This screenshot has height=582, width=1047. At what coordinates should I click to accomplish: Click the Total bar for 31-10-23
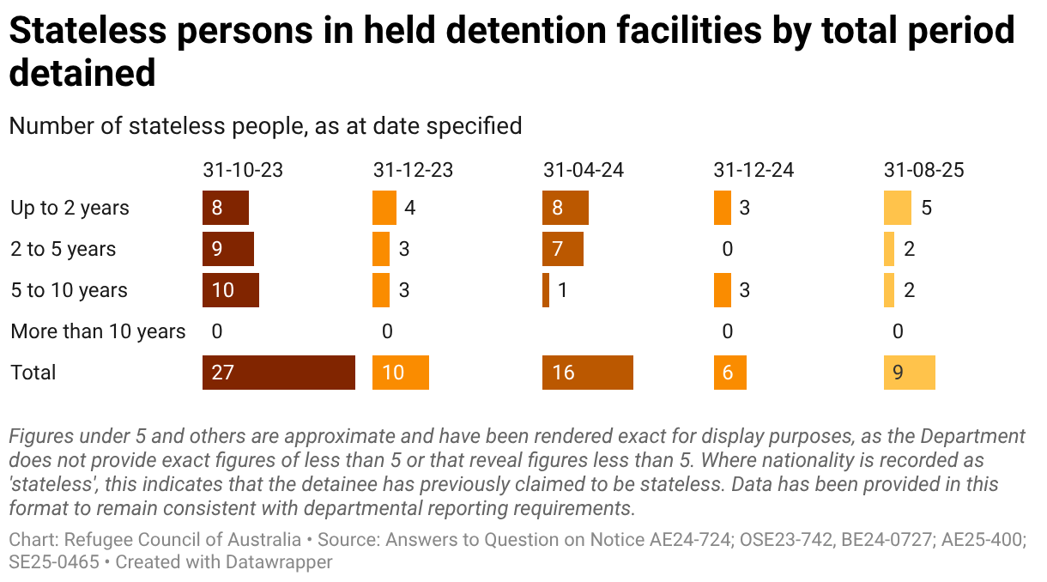[278, 373]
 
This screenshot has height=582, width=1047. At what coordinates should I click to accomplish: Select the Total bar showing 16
[587, 373]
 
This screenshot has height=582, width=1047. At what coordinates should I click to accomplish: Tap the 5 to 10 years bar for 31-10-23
[230, 290]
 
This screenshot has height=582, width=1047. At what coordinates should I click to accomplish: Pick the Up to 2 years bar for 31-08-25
[897, 208]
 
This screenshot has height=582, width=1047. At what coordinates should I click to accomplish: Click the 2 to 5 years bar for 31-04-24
[562, 249]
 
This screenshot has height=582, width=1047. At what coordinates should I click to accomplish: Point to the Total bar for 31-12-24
[729, 373]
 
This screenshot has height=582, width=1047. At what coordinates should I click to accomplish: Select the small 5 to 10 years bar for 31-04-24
[546, 290]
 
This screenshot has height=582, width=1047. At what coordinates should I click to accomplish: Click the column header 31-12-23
[413, 170]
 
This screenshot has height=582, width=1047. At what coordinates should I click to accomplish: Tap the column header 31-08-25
[923, 170]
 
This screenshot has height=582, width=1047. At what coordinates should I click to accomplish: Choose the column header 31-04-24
[583, 170]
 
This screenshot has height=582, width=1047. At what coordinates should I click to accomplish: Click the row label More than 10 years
[98, 331]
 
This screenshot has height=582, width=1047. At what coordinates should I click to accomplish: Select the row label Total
[33, 373]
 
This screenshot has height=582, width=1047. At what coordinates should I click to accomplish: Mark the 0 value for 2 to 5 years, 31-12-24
[728, 249]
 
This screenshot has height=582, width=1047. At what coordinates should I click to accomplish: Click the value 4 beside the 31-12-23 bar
[410, 208]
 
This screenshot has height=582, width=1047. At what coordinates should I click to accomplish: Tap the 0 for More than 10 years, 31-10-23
[216, 331]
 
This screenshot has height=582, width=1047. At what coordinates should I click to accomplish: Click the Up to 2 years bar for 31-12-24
[722, 208]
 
